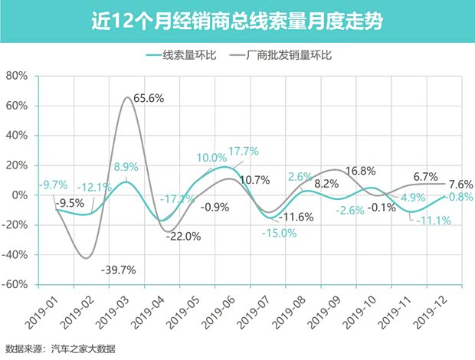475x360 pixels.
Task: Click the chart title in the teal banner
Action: point(237,20)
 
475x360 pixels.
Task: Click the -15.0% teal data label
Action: point(278,234)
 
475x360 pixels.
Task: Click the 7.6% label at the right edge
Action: point(460,184)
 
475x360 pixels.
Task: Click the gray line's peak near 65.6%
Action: point(128,98)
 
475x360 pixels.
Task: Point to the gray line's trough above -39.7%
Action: point(87,257)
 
